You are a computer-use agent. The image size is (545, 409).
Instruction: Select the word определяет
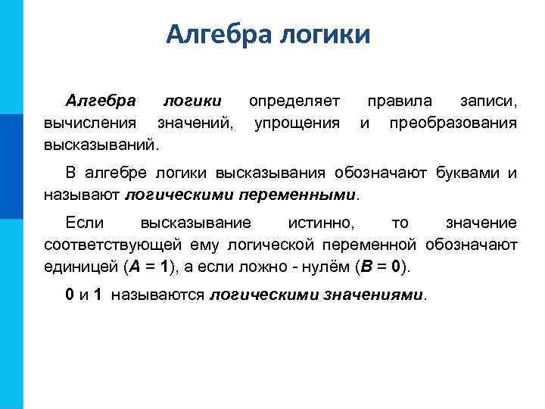coord(294,101)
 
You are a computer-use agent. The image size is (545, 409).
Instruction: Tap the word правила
coord(400,101)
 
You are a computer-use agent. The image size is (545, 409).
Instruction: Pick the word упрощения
coord(297,122)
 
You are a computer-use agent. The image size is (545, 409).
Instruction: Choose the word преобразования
coord(453,122)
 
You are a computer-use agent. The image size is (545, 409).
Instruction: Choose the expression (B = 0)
coord(380,267)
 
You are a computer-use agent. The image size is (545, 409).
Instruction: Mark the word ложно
coord(262,267)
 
